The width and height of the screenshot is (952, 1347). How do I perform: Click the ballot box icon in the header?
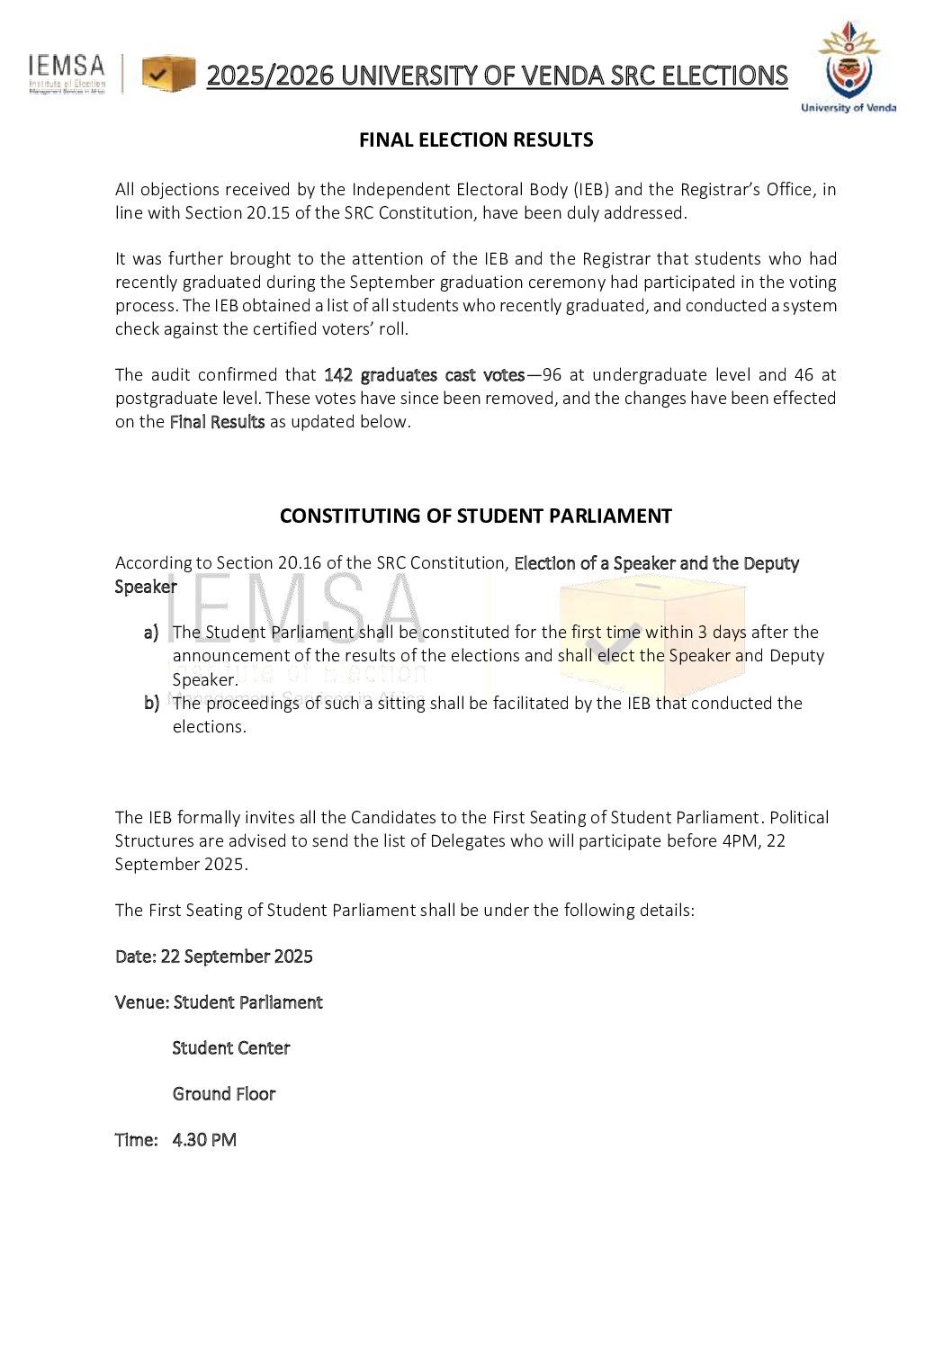(168, 74)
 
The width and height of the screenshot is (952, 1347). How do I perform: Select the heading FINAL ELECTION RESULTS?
(476, 140)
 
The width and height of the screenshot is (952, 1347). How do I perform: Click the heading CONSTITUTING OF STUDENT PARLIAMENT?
(475, 516)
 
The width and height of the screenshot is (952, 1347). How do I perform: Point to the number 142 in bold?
(338, 375)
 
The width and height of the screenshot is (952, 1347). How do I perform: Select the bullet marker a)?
(151, 633)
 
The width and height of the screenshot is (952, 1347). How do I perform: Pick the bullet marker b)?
(151, 703)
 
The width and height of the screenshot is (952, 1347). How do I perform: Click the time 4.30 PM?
(204, 1140)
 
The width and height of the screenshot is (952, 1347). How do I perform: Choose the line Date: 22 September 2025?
(214, 956)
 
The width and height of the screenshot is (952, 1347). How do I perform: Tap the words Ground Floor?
(224, 1094)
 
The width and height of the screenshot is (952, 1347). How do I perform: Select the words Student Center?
(231, 1048)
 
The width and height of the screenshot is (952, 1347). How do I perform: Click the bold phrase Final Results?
(217, 422)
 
